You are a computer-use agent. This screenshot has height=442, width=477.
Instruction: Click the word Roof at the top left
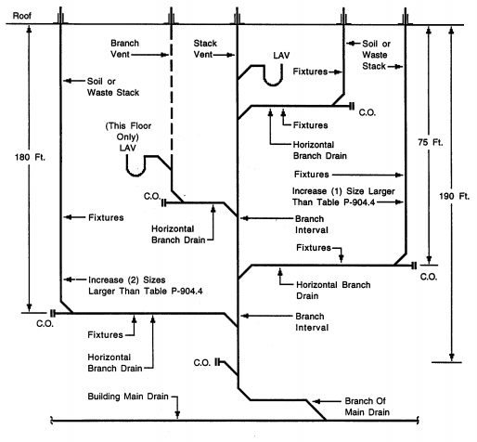click(x=22, y=16)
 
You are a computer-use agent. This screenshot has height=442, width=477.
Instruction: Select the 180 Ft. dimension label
click(x=30, y=157)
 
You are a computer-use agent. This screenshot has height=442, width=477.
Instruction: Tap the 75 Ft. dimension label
click(x=431, y=142)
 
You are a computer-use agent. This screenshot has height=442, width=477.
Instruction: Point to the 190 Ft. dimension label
click(x=454, y=196)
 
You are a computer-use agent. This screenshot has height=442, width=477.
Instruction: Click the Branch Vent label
click(x=124, y=48)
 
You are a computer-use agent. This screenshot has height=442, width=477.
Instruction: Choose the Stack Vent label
click(x=205, y=48)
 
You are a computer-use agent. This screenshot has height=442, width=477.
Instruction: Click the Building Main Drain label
click(x=128, y=396)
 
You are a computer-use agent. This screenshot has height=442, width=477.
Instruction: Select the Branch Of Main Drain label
click(x=367, y=407)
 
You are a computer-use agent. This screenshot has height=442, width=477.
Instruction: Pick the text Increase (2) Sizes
click(x=127, y=279)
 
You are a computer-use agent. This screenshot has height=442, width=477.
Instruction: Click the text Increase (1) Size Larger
click(x=343, y=191)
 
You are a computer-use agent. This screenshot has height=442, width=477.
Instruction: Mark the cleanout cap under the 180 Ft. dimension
click(x=53, y=313)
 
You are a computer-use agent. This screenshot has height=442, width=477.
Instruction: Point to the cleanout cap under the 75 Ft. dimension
click(x=414, y=266)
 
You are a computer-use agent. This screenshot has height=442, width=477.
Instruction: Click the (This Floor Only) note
click(x=128, y=131)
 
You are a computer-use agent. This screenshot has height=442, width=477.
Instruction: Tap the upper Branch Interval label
click(x=310, y=225)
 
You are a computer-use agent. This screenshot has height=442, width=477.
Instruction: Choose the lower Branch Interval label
click(x=310, y=322)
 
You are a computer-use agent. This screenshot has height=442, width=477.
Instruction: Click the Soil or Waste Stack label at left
click(x=113, y=87)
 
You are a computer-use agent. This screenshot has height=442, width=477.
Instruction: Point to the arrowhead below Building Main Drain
click(x=177, y=415)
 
